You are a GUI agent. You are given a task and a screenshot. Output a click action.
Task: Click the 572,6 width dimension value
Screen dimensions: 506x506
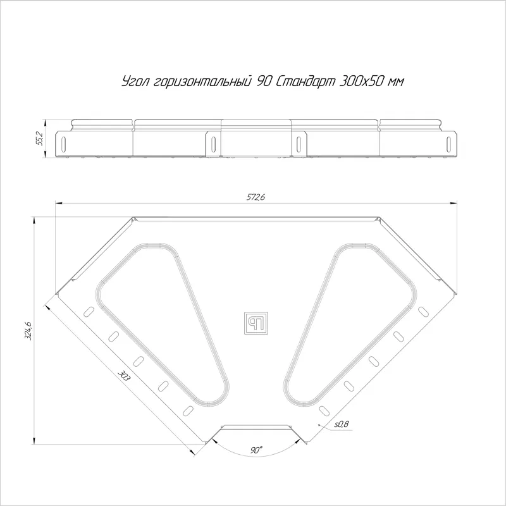pos(256,197)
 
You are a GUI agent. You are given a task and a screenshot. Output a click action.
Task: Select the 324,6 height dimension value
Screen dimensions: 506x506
pos(28,330)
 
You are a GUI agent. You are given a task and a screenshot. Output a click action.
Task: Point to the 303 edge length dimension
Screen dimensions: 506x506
pos(123,376)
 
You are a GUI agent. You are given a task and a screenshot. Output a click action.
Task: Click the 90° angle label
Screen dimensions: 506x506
pos(257,450)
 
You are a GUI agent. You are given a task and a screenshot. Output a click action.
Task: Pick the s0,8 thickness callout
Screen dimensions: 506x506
pos(341,424)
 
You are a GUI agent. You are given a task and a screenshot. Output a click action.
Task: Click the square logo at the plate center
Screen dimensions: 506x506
pos(256,323)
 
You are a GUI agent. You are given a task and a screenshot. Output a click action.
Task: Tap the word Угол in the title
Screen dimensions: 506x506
pos(135,82)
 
